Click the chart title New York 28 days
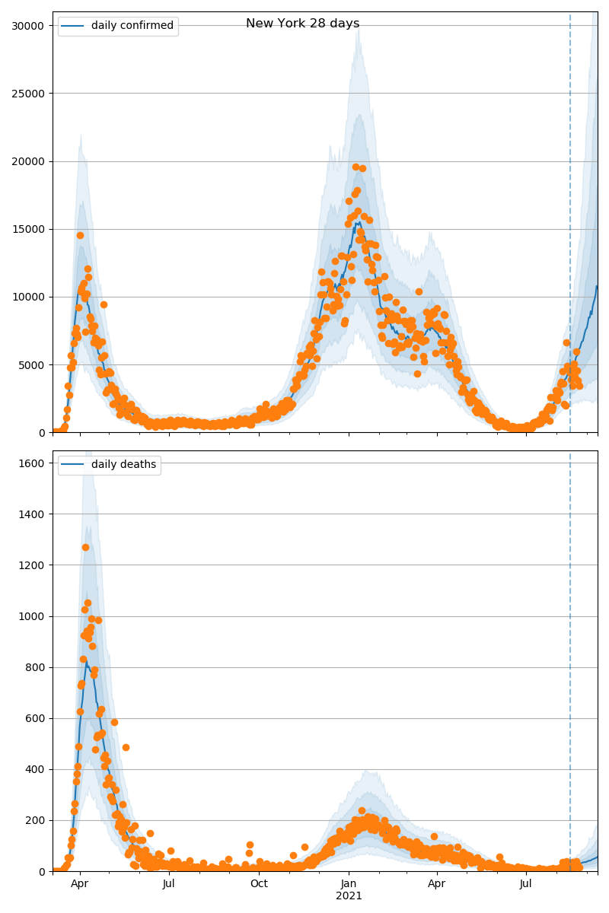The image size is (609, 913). tap(302, 24)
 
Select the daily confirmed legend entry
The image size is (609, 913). tap(132, 26)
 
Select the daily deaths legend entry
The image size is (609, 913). tap(123, 464)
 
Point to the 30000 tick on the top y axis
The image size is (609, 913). tap(29, 26)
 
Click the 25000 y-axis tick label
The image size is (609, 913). tap(29, 94)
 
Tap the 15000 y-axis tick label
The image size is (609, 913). tap(29, 229)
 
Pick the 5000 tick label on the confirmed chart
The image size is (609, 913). tap(32, 364)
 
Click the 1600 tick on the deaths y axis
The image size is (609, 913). tap(35, 463)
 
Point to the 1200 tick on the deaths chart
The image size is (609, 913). tap(35, 565)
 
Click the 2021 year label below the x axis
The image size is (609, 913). tap(349, 896)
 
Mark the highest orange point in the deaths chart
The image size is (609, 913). tap(85, 547)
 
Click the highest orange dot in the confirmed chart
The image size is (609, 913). tap(356, 167)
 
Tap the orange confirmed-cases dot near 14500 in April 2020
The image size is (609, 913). tap(80, 235)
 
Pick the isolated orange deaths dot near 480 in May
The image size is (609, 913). tap(126, 747)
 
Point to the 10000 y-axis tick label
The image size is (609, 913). tap(29, 297)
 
